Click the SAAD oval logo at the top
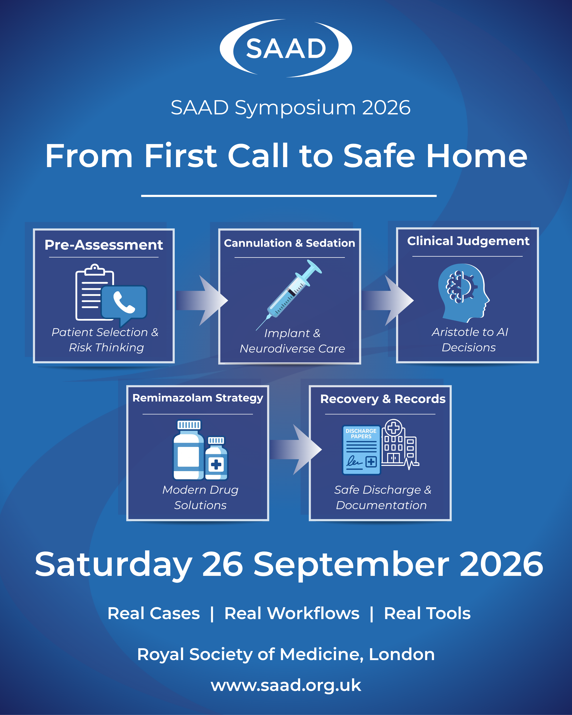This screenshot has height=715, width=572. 286,48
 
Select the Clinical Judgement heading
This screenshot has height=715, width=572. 468,241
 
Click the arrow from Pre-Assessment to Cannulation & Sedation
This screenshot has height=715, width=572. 202,300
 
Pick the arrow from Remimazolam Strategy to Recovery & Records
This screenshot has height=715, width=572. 296,450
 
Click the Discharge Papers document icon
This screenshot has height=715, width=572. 361,450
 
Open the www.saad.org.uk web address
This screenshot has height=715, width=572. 286,686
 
